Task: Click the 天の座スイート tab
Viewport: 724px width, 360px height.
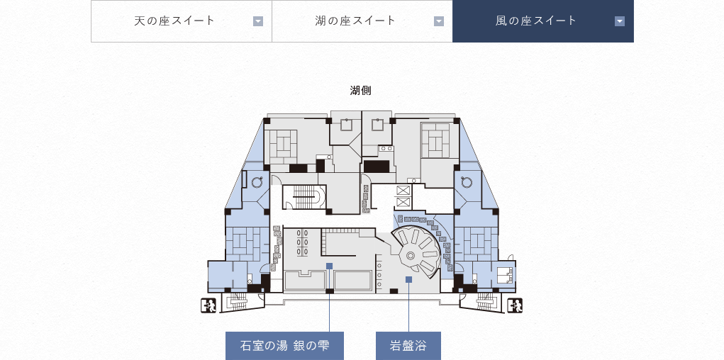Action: (182, 21)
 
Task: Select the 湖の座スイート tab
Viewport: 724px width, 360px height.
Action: (362, 21)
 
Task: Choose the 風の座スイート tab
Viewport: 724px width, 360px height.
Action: (543, 21)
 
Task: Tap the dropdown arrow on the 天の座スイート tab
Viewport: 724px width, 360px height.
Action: (258, 21)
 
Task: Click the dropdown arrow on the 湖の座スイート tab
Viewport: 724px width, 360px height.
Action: (439, 21)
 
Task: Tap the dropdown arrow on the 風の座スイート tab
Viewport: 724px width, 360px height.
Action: (620, 21)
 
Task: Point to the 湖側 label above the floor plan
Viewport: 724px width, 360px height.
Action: (361, 91)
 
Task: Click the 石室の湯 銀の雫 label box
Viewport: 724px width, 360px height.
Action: (284, 346)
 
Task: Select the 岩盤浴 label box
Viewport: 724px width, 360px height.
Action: (408, 346)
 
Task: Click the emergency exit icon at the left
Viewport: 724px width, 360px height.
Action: (208, 305)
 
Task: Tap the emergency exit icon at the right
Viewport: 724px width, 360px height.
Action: (515, 305)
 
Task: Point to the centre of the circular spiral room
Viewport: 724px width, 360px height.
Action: (410, 254)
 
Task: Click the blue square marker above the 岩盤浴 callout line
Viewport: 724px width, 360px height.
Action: (408, 279)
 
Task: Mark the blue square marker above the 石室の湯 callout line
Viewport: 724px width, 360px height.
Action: (329, 266)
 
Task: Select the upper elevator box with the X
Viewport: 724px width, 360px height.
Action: (403, 190)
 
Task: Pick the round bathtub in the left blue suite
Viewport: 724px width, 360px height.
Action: (257, 182)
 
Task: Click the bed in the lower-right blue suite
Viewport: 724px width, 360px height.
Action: (503, 275)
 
